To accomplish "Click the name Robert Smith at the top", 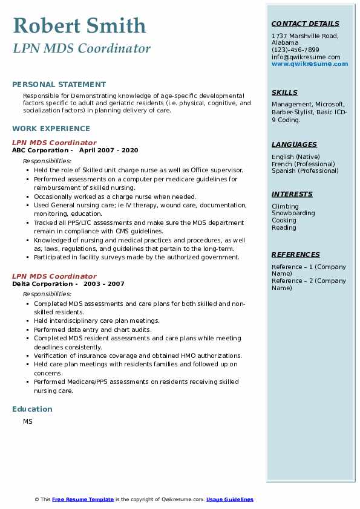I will tap(79, 25).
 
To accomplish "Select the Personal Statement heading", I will tap(59, 85).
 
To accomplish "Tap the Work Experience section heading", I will tap(51, 128).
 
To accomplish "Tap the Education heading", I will tap(32, 409).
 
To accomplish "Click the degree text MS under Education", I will tap(28, 421).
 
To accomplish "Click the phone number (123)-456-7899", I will tap(295, 50).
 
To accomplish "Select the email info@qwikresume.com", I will tap(306, 57).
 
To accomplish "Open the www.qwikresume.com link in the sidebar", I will tap(310, 63).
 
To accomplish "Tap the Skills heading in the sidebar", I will tap(284, 92).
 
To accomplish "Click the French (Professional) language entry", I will tap(303, 164).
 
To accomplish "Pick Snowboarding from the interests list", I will tap(293, 213).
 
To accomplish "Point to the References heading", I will tap(296, 254).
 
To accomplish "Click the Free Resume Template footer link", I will tap(83, 499).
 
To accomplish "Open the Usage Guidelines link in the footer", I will tap(229, 499).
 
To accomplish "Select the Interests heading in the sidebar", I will tap(292, 194).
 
